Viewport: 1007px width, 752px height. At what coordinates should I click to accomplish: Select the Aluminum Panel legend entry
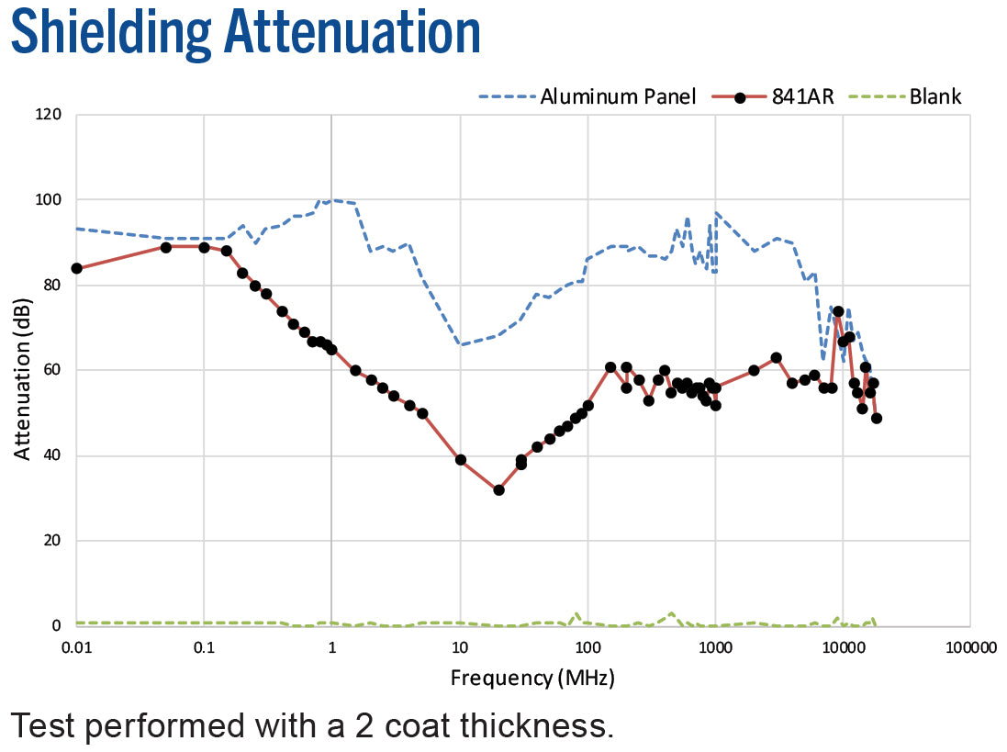618,95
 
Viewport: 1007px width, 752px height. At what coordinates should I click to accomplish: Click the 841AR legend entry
802,95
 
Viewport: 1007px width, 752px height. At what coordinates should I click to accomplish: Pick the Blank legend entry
934,95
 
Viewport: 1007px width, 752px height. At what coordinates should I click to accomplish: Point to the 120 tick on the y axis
49,115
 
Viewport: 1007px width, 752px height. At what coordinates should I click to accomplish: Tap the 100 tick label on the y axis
49,200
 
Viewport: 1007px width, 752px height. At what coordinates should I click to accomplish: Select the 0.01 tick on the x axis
77,646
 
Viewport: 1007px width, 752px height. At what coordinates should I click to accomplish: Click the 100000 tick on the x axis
970,646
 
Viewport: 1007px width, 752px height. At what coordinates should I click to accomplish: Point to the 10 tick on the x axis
460,646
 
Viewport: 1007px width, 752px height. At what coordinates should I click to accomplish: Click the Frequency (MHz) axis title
532,679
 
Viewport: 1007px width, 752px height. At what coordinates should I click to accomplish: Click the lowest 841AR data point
498,490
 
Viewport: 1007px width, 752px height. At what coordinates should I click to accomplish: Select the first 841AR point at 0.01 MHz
77,268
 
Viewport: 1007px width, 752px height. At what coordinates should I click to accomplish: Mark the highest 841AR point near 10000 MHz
838,311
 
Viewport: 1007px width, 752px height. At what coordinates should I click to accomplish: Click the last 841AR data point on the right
877,418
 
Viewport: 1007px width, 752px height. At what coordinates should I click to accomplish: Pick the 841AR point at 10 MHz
461,459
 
